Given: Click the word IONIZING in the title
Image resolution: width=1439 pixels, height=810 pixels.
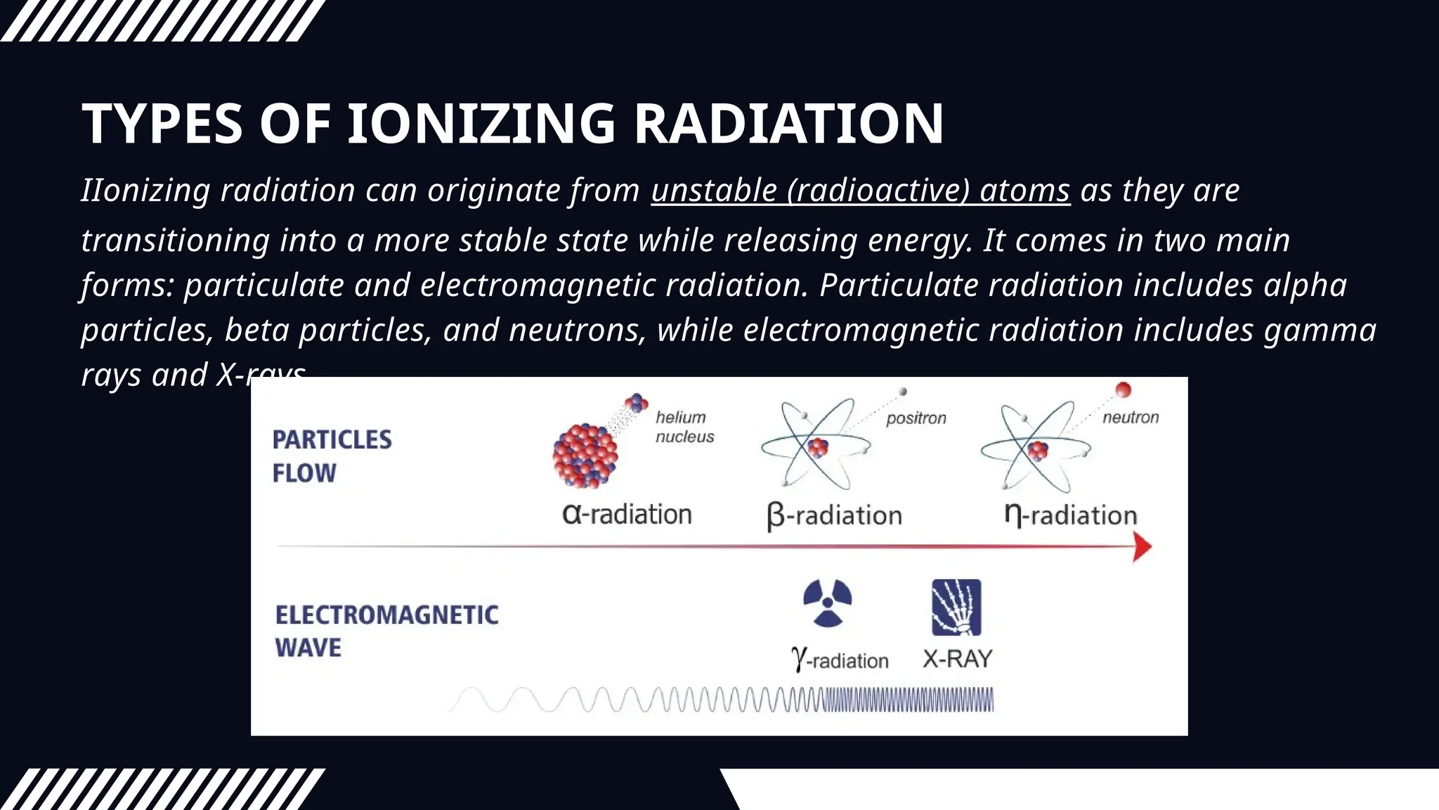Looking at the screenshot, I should [481, 124].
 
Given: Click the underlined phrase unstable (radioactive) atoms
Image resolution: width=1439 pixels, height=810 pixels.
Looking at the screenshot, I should [860, 191].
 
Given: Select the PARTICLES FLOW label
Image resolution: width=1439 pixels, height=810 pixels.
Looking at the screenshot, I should [332, 456].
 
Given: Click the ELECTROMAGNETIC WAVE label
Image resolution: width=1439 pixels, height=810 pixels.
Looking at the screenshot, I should [386, 631].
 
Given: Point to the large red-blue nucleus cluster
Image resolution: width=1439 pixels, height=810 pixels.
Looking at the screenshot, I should [585, 456].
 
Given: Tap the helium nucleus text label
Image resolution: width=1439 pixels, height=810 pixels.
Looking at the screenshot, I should [684, 427].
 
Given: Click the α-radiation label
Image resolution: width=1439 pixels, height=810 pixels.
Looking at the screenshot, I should [627, 515].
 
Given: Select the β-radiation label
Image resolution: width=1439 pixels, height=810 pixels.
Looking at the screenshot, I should [834, 516].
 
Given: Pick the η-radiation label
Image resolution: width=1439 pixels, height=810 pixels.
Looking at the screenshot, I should [1070, 515].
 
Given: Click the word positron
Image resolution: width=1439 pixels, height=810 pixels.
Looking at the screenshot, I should [916, 418].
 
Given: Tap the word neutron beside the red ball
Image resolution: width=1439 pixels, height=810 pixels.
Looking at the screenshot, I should [1130, 418].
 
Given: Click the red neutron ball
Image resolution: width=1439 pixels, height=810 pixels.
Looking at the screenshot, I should [1123, 390].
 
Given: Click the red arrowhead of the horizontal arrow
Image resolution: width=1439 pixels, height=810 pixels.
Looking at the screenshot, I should [1142, 547].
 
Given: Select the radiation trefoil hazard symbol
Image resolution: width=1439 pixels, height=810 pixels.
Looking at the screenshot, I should [827, 603].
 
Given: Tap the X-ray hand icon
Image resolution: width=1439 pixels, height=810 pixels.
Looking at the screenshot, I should [956, 607].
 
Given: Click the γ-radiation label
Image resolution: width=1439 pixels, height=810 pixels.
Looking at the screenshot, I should [840, 660].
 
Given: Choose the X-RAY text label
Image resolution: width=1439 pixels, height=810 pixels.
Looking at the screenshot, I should [957, 659].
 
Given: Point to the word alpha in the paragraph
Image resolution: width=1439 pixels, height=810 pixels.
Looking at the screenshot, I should [1305, 285].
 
